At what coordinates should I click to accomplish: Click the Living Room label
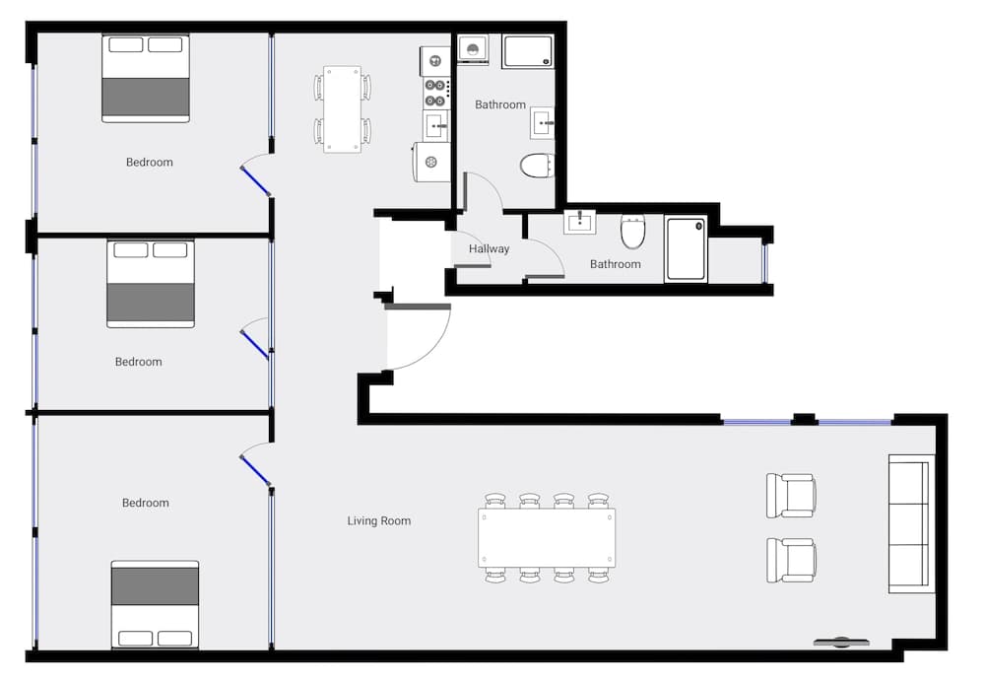(x=378, y=520)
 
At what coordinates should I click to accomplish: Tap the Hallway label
(x=489, y=248)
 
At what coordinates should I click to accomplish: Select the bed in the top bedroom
(x=146, y=79)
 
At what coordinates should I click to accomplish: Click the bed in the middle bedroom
(x=151, y=284)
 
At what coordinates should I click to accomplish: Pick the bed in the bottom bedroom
(x=155, y=604)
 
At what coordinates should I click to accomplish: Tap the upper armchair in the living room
(x=791, y=496)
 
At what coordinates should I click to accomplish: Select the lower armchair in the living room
(x=791, y=560)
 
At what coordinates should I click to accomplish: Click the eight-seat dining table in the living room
(x=547, y=538)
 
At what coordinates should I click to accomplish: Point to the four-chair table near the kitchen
(x=342, y=108)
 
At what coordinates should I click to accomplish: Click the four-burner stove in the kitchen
(x=435, y=93)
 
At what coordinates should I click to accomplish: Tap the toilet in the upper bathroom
(x=538, y=166)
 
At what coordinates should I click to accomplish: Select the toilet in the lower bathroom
(x=633, y=234)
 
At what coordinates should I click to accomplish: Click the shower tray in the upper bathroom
(x=527, y=51)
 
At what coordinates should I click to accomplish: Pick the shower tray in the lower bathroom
(x=686, y=249)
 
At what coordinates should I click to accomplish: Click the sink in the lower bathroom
(x=579, y=222)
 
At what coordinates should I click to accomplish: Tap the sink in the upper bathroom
(x=543, y=123)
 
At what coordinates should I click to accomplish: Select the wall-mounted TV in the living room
(x=841, y=642)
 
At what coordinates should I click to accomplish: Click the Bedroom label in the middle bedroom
(x=138, y=362)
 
